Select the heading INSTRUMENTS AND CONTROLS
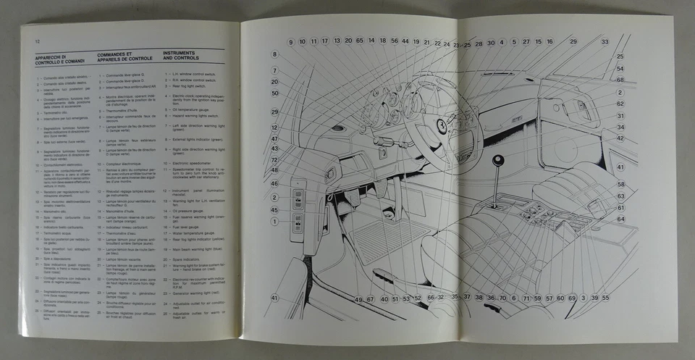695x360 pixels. pyautogui.click(x=181, y=56)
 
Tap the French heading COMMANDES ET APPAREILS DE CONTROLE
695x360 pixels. pyautogui.click(x=119, y=56)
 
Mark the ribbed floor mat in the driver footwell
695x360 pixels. pyautogui.click(x=376, y=239)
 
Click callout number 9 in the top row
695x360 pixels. pyautogui.click(x=291, y=42)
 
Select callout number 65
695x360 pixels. pyautogui.click(x=360, y=42)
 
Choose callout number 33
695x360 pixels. pyautogui.click(x=605, y=42)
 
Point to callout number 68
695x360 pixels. pyautogui.click(x=620, y=80)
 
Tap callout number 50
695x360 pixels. pyautogui.click(x=275, y=93)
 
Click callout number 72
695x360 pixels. pyautogui.click(x=275, y=159)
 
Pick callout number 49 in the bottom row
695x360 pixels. pyautogui.click(x=358, y=298)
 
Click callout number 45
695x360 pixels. pyautogui.click(x=275, y=210)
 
